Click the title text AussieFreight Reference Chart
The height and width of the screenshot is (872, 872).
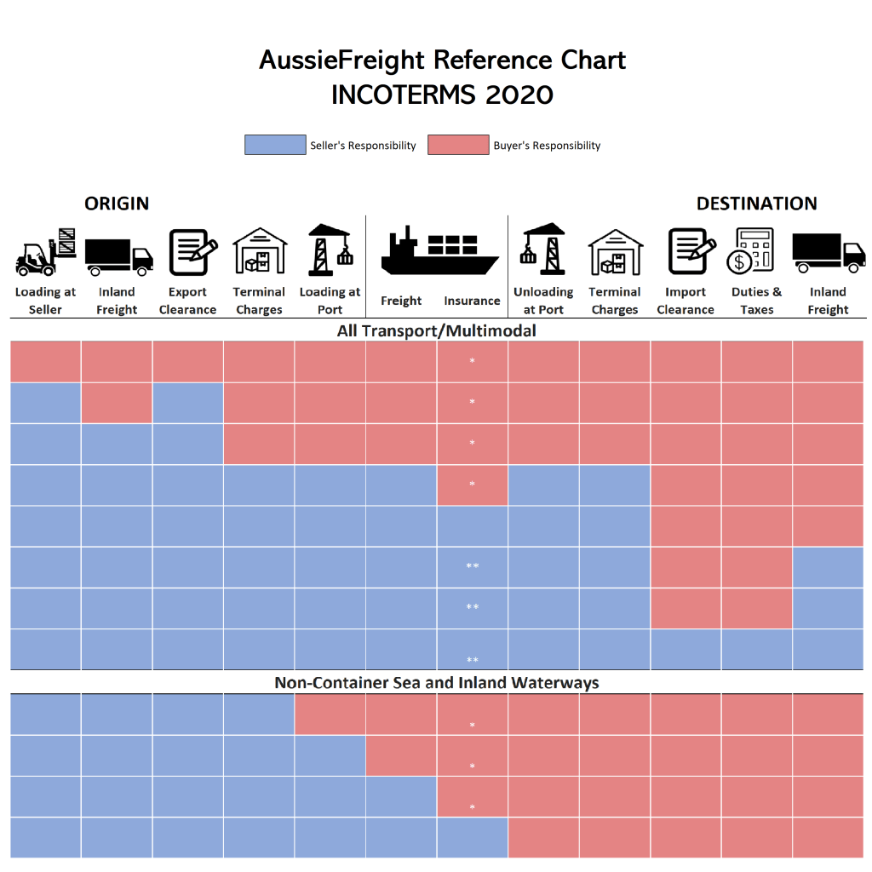click(x=442, y=60)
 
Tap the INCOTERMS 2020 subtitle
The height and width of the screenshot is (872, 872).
click(x=442, y=95)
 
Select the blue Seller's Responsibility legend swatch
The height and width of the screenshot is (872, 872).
click(x=274, y=145)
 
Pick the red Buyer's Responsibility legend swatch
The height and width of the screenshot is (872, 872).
click(x=458, y=145)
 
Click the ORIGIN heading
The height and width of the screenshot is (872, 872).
click(x=117, y=204)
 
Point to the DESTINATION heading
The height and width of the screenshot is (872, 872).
click(x=756, y=204)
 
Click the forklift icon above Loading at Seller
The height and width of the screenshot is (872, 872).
click(x=46, y=252)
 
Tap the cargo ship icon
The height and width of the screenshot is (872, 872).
click(x=438, y=252)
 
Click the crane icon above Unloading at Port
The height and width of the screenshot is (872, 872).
click(x=543, y=250)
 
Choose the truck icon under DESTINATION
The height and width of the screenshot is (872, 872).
click(x=828, y=253)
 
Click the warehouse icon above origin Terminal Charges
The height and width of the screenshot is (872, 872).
click(x=260, y=251)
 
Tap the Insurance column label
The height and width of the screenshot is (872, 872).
click(x=472, y=301)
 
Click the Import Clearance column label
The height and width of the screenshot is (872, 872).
click(x=686, y=301)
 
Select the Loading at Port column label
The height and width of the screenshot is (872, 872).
click(x=330, y=301)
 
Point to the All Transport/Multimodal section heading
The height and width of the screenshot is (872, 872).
click(x=437, y=330)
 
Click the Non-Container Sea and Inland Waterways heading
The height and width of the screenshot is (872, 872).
click(x=437, y=683)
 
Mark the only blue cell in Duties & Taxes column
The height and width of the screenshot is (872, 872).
click(x=757, y=650)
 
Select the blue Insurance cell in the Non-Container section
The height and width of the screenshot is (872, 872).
click(x=473, y=837)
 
